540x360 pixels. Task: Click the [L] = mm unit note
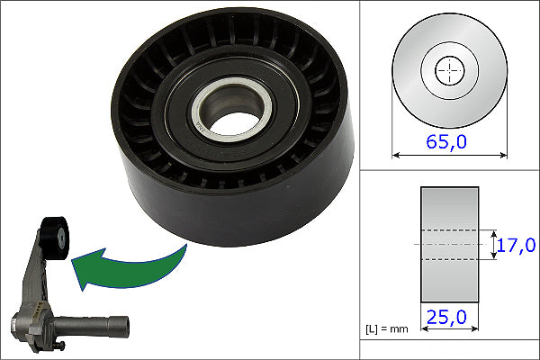click(387, 328)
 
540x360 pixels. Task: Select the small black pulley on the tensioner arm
click(54, 235)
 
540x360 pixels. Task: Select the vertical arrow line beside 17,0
click(494, 244)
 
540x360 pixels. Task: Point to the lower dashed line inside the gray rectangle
click(449, 260)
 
